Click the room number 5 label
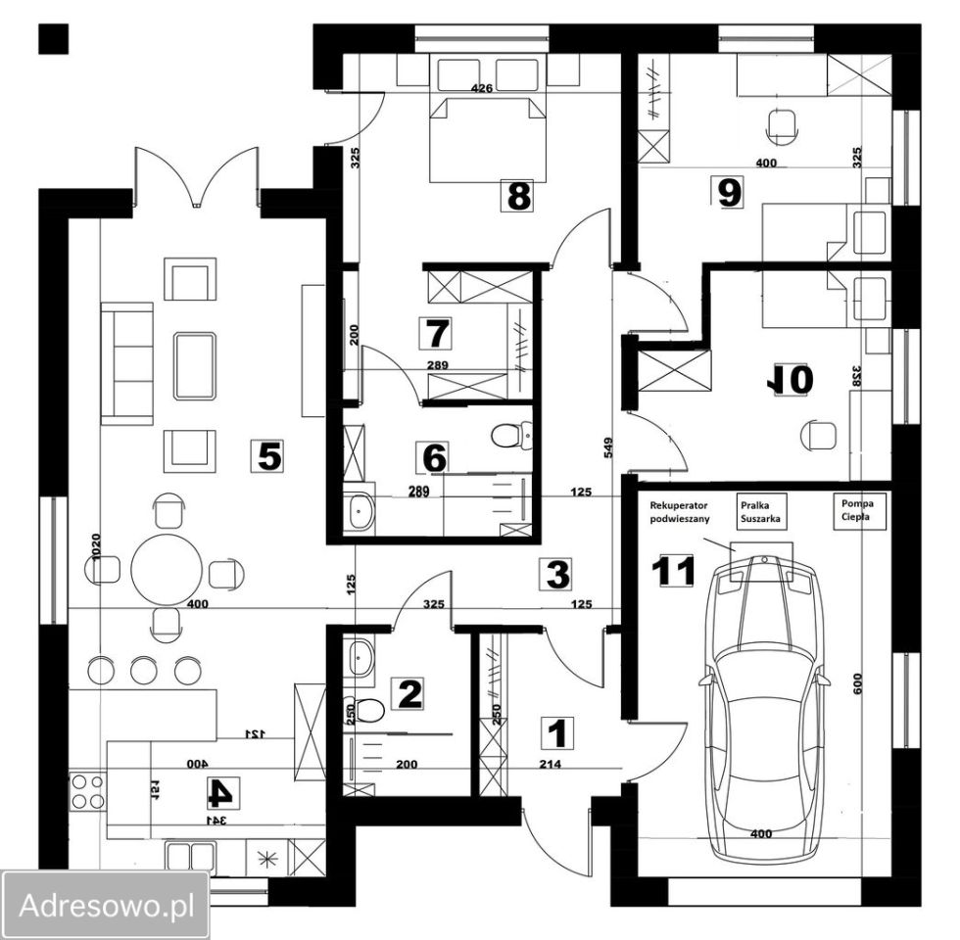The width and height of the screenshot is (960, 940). [268, 456]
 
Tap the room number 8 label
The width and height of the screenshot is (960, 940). [519, 196]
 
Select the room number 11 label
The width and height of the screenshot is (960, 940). [672, 571]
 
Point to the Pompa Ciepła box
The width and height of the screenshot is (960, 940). [858, 510]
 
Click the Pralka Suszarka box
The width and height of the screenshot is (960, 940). [760, 511]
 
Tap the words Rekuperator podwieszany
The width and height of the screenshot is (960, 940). [680, 512]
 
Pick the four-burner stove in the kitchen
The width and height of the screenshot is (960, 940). [87, 791]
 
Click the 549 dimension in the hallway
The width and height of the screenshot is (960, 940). [608, 448]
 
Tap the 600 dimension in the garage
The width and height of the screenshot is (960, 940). [857, 683]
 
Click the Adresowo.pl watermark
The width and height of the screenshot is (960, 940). [106, 905]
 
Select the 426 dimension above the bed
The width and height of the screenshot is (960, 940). [481, 89]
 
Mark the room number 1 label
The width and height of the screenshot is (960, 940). [557, 733]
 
